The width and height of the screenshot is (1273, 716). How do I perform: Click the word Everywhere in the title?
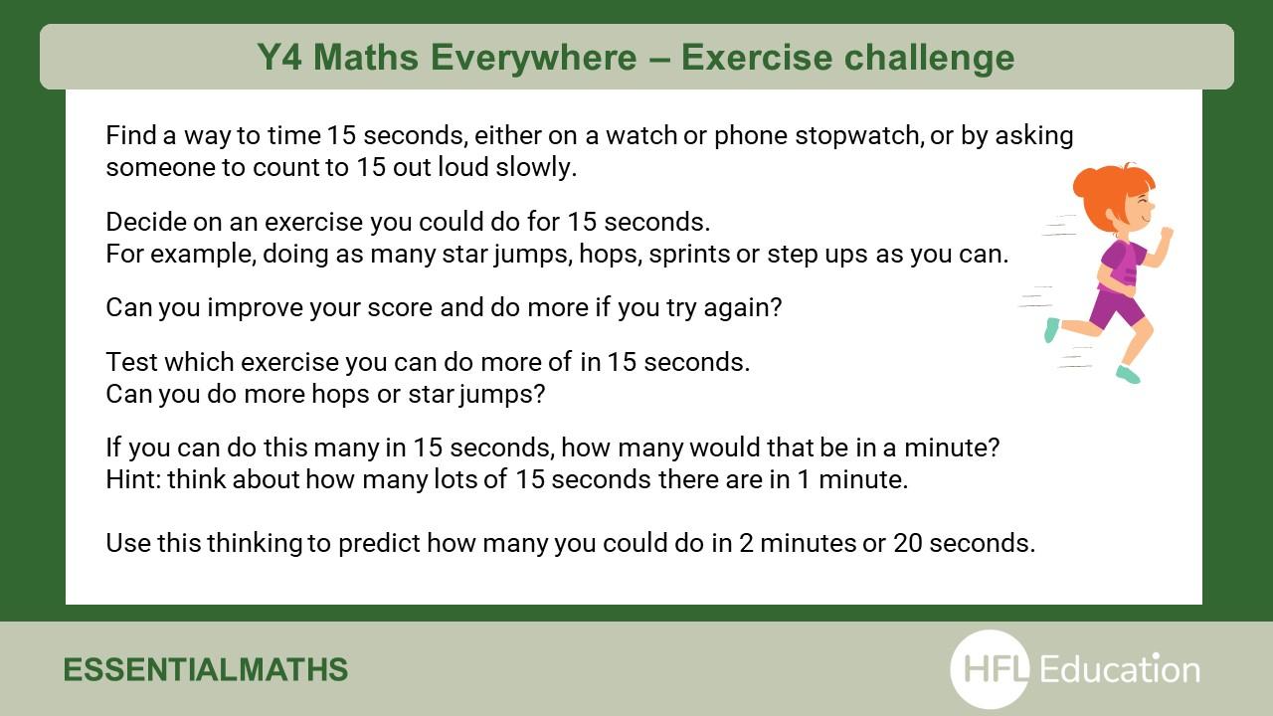point(533,58)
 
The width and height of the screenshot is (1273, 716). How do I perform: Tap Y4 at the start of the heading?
point(279,57)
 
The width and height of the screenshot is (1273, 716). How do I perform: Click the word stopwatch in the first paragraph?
point(858,136)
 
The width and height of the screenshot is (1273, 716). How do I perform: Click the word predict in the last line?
point(379,543)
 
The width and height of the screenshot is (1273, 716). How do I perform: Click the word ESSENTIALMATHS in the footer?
point(205,669)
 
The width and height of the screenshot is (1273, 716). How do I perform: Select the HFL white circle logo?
point(990,669)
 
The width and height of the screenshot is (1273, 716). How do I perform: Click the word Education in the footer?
point(1120,669)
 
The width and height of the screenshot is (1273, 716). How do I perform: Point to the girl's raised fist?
point(1167,233)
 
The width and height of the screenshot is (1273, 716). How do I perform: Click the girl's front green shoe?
point(1128,375)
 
